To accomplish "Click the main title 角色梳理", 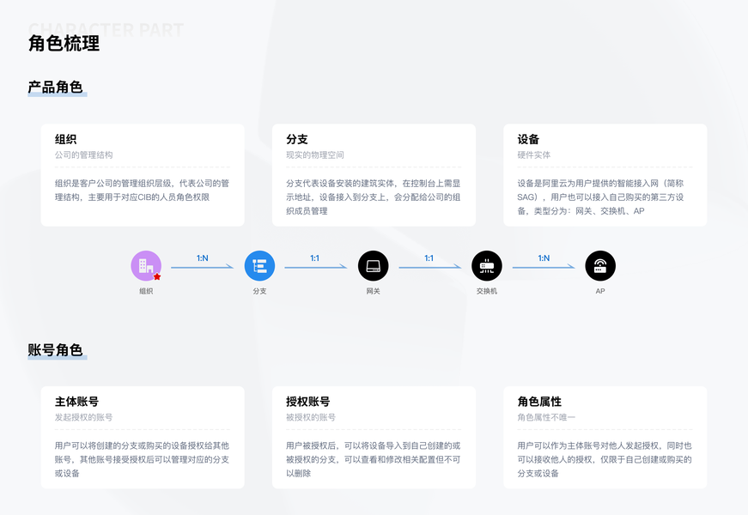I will click(x=64, y=44).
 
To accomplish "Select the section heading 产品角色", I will click(x=55, y=88).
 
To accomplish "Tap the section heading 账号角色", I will click(x=55, y=350).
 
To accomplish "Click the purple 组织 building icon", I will click(x=145, y=265).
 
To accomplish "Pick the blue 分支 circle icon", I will click(x=259, y=266).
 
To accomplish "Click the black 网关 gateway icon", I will click(x=373, y=266).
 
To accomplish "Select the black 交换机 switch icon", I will click(x=487, y=266).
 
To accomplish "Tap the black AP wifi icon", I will click(x=600, y=266).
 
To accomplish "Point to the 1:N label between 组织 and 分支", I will click(x=203, y=257).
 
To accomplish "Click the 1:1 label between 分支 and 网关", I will click(x=315, y=257).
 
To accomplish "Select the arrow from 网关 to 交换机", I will click(x=429, y=267).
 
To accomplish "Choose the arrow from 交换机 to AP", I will click(x=544, y=267).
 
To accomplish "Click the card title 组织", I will click(x=65, y=140).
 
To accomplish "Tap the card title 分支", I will click(x=296, y=140).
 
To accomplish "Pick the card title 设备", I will click(x=528, y=140).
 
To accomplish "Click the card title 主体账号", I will click(x=76, y=402).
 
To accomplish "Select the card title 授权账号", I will click(x=307, y=402).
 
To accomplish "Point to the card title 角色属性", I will click(x=539, y=402).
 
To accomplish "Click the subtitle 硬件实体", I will click(x=533, y=155).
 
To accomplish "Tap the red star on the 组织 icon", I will click(x=156, y=276).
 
